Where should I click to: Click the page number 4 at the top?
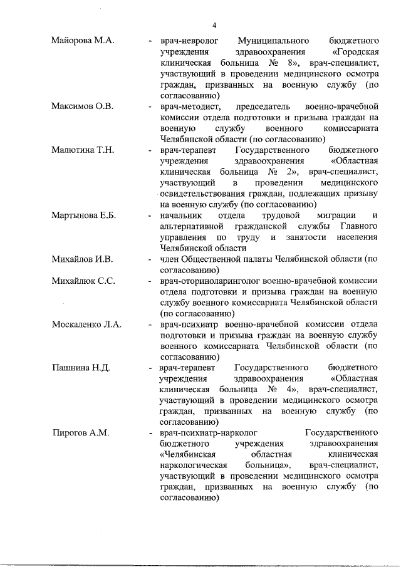(x=214, y=25)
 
